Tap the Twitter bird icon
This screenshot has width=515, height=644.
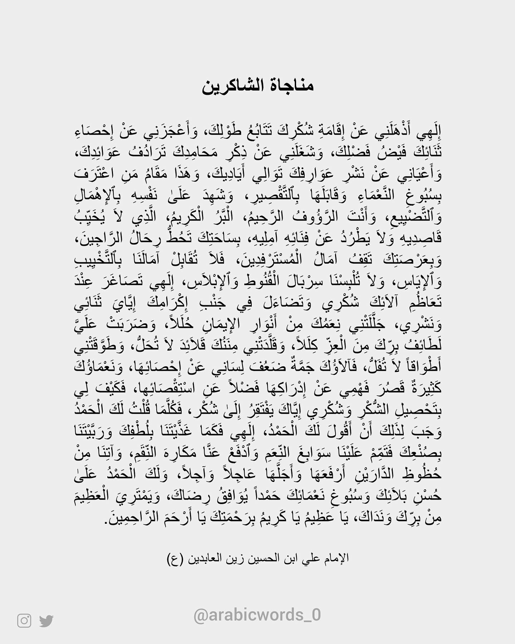point(46,621)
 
